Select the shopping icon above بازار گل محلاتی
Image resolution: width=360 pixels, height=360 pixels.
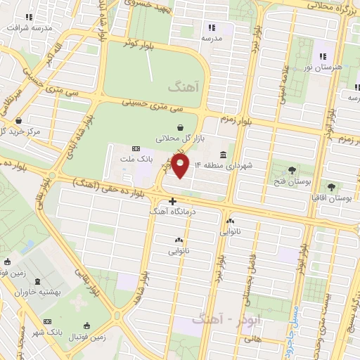click(x=182, y=128)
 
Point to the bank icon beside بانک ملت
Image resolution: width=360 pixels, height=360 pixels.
click(x=136, y=148)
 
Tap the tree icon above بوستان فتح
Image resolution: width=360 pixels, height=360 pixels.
click(x=292, y=169)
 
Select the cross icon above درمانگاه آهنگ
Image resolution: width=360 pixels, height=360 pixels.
click(x=172, y=201)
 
